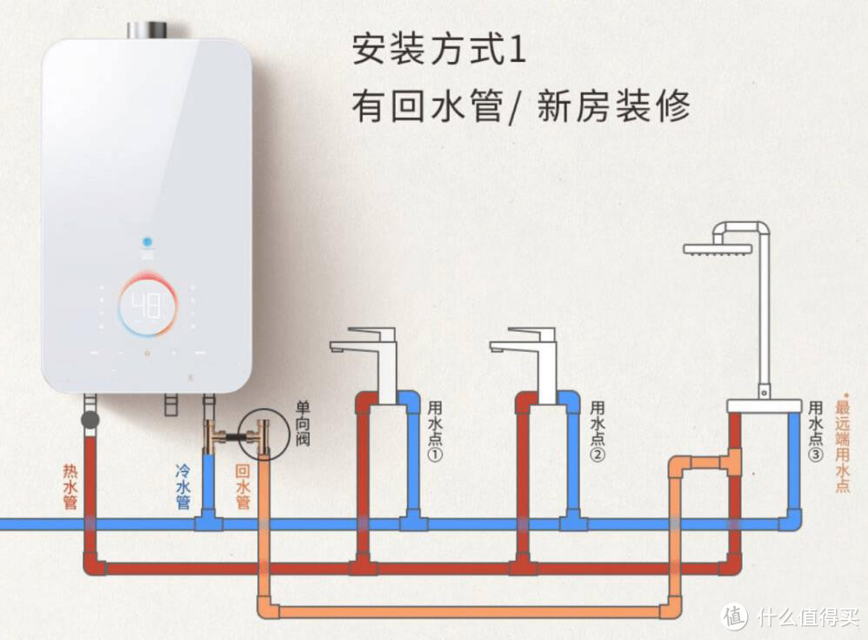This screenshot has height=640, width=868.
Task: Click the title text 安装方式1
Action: (438, 50)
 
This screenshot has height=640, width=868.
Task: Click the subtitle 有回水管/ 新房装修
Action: (521, 106)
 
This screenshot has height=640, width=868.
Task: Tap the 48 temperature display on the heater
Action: (148, 306)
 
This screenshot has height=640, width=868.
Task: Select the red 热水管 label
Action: (70, 487)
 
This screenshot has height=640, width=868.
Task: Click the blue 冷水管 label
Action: (184, 487)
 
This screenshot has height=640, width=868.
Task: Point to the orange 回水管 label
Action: (243, 487)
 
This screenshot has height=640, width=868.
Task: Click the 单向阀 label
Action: (303, 424)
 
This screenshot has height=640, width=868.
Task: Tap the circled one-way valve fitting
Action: (264, 435)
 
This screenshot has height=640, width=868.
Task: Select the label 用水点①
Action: (435, 431)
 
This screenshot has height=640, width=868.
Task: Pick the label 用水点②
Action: (598, 431)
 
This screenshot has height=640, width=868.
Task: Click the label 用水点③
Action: (816, 431)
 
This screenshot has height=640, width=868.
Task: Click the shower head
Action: (718, 249)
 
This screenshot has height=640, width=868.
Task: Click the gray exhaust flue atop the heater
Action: (149, 30)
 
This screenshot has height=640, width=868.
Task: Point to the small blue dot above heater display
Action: (147, 242)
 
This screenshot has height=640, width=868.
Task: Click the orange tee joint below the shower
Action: (732, 461)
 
